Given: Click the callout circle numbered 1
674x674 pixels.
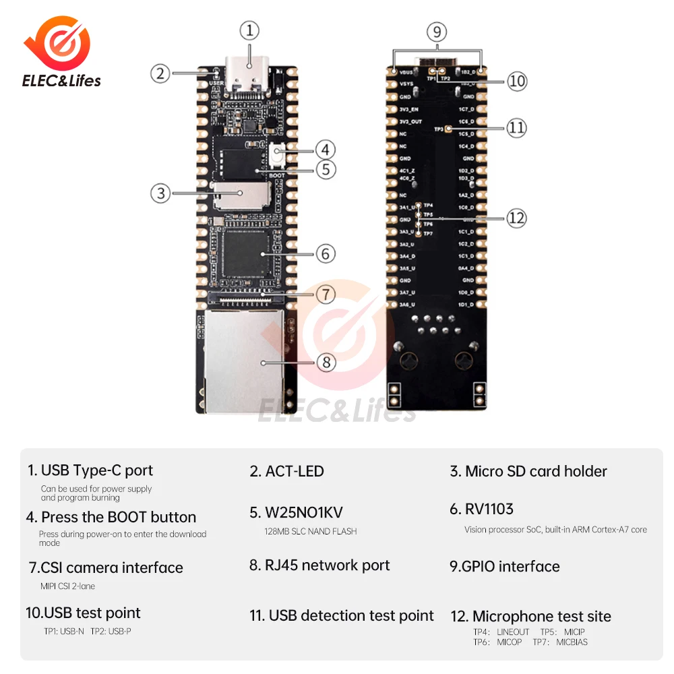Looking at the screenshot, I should click(x=249, y=30).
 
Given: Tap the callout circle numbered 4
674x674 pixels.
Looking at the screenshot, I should click(x=325, y=149).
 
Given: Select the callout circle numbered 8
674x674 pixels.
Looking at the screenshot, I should click(x=326, y=362).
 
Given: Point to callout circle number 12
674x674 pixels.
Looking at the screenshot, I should click(x=516, y=218).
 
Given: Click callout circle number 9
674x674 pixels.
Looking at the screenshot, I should click(x=437, y=31).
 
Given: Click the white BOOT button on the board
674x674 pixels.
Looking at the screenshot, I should click(x=276, y=156).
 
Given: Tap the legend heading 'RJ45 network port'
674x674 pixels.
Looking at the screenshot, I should click(x=319, y=565).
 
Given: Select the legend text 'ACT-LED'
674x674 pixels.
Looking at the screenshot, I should click(x=286, y=471).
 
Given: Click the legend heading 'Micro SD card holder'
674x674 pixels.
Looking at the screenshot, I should click(x=528, y=471).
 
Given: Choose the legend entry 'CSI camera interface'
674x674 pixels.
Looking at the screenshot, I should click(x=104, y=568).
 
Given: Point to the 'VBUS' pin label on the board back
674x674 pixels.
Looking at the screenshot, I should click(x=406, y=71).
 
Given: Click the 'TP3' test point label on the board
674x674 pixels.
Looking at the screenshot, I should click(x=439, y=128).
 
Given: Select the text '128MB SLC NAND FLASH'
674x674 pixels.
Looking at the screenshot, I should click(x=310, y=531).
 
